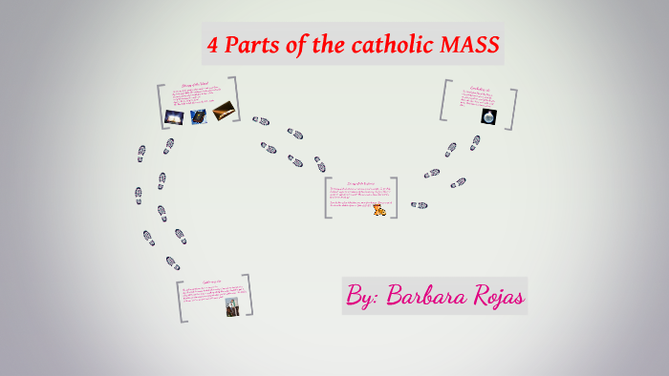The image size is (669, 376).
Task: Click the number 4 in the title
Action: click(215, 45)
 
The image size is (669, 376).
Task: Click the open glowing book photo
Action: click(173, 116)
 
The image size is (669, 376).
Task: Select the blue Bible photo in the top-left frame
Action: click(198, 116)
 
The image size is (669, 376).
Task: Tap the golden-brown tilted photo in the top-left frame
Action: click(224, 110)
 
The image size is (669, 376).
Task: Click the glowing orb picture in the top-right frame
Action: click(488, 115)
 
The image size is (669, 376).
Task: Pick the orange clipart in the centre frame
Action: click(379, 209)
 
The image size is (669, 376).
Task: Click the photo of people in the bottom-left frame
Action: click(231, 306)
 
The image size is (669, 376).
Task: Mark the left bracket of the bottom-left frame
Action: click(179, 301)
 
